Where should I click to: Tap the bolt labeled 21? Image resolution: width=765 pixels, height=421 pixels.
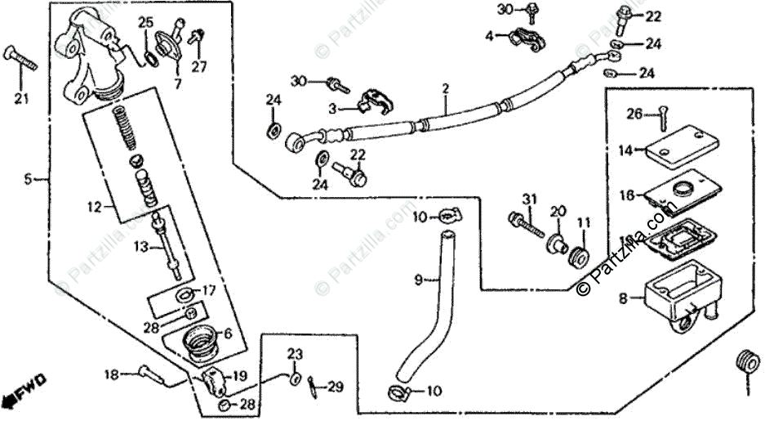click(23, 58)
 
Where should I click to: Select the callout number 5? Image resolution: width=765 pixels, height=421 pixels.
click(28, 178)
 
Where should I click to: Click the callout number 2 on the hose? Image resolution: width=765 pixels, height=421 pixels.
click(446, 87)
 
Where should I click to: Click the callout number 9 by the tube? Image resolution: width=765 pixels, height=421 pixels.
click(418, 280)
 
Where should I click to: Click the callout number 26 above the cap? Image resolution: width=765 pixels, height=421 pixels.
click(635, 114)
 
